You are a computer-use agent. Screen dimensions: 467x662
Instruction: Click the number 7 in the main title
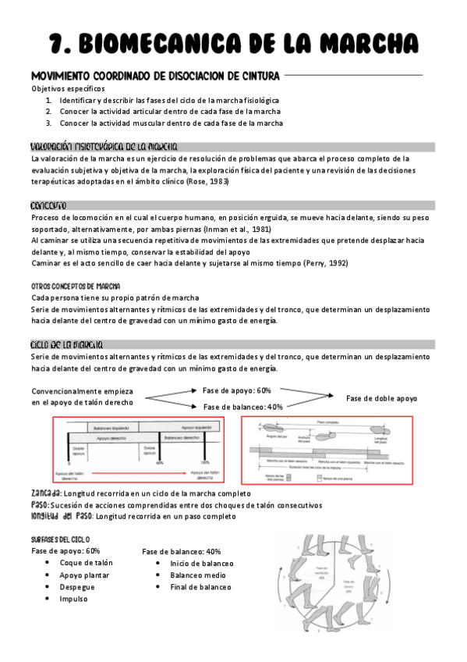pyautogui.click(x=55, y=41)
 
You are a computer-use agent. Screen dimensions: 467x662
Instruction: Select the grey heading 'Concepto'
pyautogui.click(x=48, y=205)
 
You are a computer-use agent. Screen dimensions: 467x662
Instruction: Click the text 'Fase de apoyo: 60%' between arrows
pyautogui.click(x=236, y=390)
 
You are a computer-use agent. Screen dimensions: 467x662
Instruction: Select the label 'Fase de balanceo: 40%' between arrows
pyautogui.click(x=242, y=407)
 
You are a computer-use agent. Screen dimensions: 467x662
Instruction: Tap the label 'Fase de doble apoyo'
pyautogui.click(x=381, y=398)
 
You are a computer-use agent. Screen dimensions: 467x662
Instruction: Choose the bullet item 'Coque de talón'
pyautogui.click(x=86, y=563)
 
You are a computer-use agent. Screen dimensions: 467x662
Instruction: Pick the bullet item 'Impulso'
pyautogui.click(x=73, y=599)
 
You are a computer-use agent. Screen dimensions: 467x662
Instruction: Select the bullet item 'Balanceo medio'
pyautogui.click(x=199, y=575)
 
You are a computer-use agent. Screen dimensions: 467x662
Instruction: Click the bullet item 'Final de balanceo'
pyautogui.click(x=200, y=586)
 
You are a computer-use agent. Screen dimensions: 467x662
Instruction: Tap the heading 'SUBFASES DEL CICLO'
pyautogui.click(x=60, y=539)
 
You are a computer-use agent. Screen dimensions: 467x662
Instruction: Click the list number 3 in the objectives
pyautogui.click(x=48, y=123)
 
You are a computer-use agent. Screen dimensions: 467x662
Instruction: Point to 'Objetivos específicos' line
pyautogui.click(x=67, y=89)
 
